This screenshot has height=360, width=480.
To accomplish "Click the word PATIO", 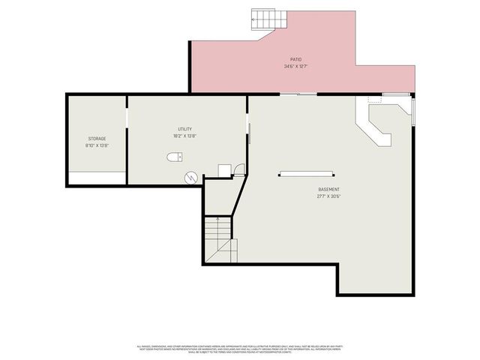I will coord(296,59).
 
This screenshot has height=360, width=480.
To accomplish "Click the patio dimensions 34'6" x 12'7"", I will coord(296,67).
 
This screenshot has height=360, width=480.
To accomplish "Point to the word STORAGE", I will coord(97,139).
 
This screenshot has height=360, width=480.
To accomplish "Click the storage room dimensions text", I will coord(97,145).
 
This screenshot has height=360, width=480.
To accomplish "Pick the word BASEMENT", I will coord(328,189).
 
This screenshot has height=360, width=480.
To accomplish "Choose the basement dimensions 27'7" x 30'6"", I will coord(328,196).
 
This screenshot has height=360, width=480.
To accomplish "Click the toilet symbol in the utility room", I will coord(175,157).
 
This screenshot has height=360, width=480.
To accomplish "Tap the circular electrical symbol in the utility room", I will coord(191,177).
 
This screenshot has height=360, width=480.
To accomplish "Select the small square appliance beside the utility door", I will coord(224,171).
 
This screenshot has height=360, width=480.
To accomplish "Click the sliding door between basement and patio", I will coord(298,94).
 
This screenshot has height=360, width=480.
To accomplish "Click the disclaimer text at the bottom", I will coord(240,348).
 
